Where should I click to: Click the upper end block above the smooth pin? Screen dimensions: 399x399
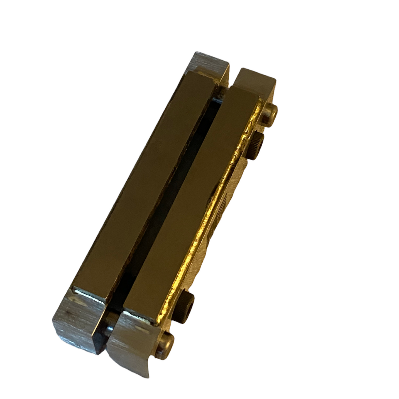(255, 84)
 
